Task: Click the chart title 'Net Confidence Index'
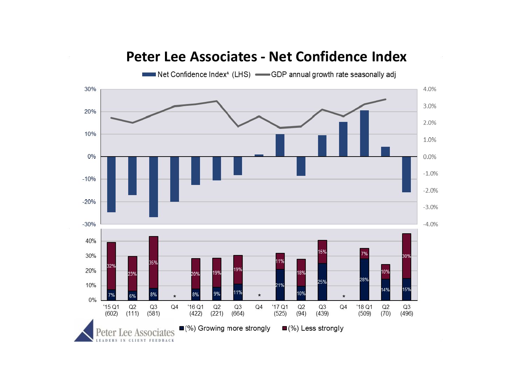266,57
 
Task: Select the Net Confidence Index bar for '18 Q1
364,133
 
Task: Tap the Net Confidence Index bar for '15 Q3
153,187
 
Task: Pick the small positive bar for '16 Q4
259,155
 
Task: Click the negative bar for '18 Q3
406,174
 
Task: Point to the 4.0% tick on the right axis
429,89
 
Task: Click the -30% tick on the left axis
89,224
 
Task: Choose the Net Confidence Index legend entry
196,75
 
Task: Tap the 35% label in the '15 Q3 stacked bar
153,262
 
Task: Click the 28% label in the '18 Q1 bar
364,280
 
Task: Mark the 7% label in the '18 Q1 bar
364,254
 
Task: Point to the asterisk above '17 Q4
344,297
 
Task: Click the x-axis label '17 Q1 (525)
280,310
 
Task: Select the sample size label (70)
385,313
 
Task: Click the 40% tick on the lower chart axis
91,241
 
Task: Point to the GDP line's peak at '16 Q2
217,101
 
